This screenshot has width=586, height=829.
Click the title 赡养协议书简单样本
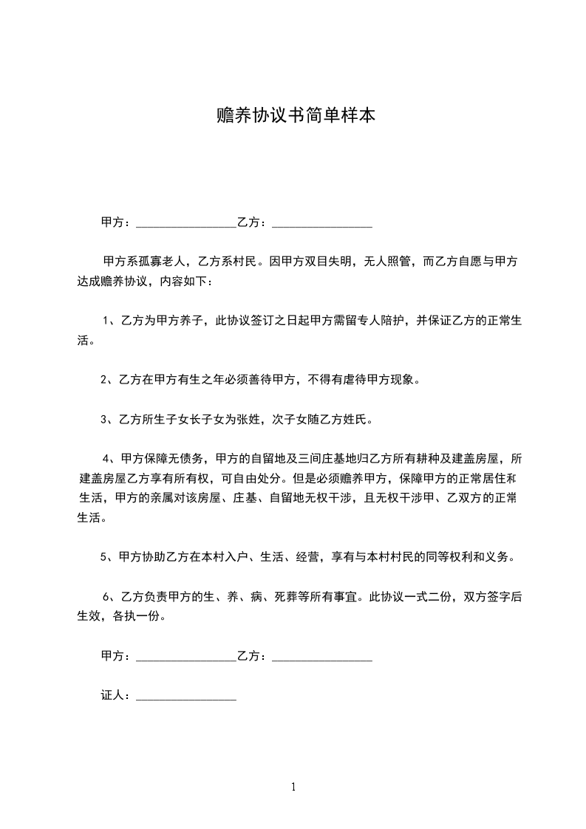pyautogui.click(x=293, y=116)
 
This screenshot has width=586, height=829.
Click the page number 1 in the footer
pyautogui.click(x=293, y=786)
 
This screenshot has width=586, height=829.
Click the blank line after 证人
pyautogui.click(x=186, y=695)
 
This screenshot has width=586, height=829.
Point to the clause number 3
pyautogui.click(x=104, y=420)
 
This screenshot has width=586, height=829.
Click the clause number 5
pyautogui.click(x=104, y=557)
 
